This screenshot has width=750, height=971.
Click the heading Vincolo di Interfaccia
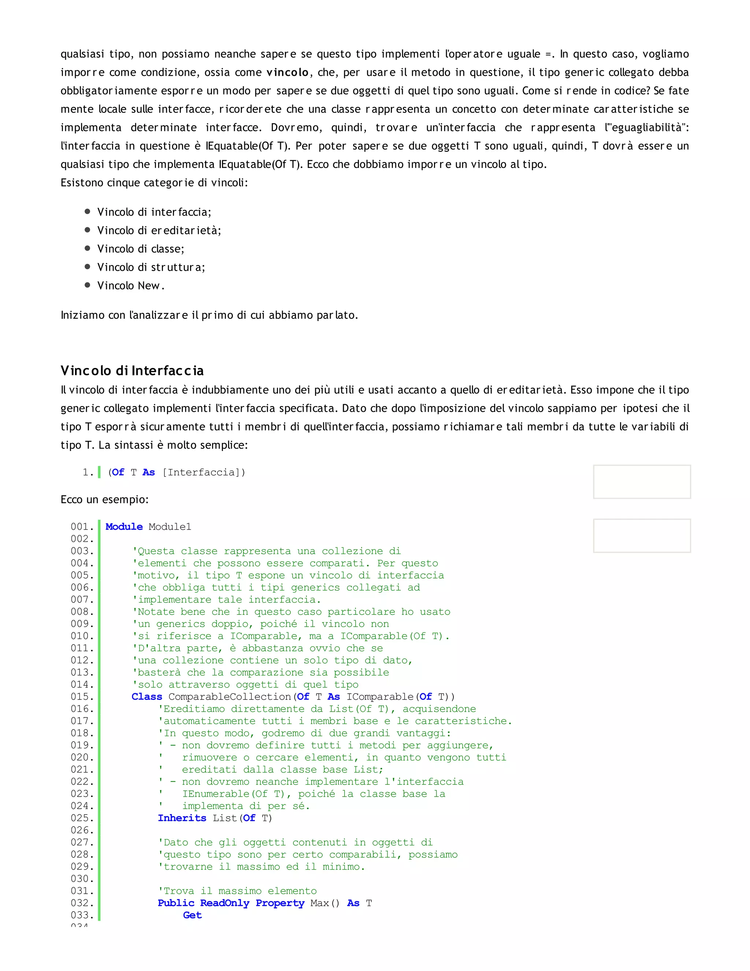click(132, 370)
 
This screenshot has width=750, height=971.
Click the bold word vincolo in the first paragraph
click(287, 73)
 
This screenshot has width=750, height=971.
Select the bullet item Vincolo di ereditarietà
click(159, 230)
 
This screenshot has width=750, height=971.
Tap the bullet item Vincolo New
click(131, 285)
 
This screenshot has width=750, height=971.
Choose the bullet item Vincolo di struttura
click(151, 267)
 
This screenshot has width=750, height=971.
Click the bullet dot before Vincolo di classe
click(88, 248)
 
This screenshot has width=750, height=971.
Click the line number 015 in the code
click(82, 697)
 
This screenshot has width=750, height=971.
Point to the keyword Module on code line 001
click(124, 527)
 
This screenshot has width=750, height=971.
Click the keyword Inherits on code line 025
click(182, 818)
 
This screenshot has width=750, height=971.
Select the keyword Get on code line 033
click(192, 915)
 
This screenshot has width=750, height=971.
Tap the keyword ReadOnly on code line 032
click(224, 903)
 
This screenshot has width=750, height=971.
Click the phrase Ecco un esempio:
click(104, 499)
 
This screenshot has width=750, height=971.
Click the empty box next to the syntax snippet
click(642, 481)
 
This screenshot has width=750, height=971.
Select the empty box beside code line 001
click(642, 535)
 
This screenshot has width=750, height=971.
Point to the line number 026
click(82, 830)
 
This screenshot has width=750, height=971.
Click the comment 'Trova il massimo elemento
click(237, 891)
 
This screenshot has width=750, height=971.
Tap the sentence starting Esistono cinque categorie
click(154, 183)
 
